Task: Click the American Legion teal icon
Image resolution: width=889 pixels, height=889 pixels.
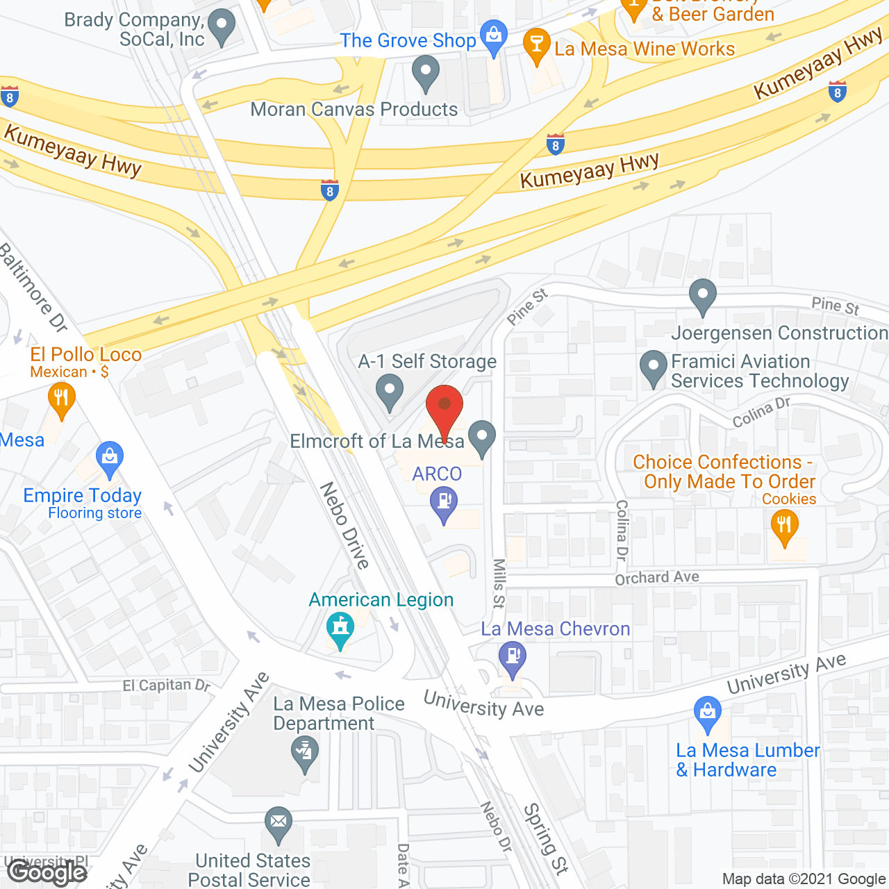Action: pyautogui.click(x=340, y=628)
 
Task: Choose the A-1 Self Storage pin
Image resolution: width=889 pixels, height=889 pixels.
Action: pyautogui.click(x=390, y=390)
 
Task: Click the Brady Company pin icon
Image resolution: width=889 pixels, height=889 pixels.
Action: pyautogui.click(x=222, y=26)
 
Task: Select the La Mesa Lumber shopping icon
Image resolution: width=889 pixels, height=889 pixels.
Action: pyautogui.click(x=708, y=713)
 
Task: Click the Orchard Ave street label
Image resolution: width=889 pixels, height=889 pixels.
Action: pyautogui.click(x=657, y=577)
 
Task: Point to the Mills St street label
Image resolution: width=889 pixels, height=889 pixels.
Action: pyautogui.click(x=499, y=583)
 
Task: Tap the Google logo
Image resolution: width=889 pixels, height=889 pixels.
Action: pyautogui.click(x=47, y=872)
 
